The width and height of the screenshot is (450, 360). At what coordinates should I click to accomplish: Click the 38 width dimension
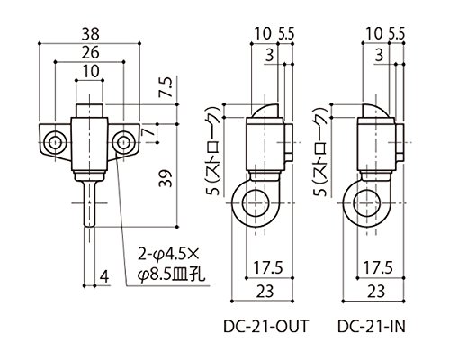[x=91, y=33]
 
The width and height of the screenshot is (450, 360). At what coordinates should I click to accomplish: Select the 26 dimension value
[x=91, y=52]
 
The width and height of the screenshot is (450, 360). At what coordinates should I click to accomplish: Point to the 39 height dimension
[x=166, y=178]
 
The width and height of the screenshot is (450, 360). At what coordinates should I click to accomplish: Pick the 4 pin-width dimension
[x=104, y=276]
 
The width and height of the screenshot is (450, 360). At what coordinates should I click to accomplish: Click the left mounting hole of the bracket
[x=55, y=142]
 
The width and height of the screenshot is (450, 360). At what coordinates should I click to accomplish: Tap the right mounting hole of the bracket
[x=123, y=142]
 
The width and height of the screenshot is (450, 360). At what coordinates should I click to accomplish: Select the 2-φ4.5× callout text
[x=168, y=255]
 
